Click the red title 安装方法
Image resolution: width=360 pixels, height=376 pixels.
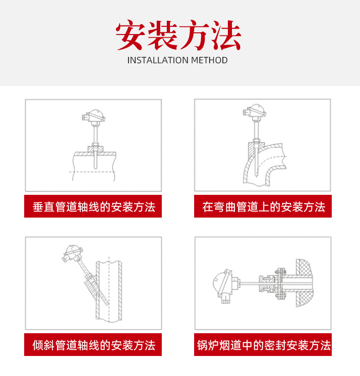click(x=178, y=35)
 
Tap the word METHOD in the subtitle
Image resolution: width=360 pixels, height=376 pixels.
click(x=209, y=60)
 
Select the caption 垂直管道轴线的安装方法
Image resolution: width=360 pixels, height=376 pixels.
click(x=94, y=207)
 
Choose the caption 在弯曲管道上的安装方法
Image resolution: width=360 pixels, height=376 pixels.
click(x=263, y=207)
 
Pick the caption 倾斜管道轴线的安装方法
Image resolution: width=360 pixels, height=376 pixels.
click(x=94, y=346)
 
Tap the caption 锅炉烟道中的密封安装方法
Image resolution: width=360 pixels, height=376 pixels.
click(x=264, y=346)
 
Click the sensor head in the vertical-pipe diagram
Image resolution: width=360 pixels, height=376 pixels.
click(x=93, y=116)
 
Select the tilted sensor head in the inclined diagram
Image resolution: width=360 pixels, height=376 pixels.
click(x=72, y=254)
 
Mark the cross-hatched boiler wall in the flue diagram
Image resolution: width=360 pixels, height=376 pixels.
click(x=304, y=283)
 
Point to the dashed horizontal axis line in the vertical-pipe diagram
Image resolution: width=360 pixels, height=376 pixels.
click(x=92, y=172)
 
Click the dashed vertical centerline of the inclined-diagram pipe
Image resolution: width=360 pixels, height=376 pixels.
click(x=109, y=289)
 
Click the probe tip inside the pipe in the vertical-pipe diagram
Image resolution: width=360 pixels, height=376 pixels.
click(x=96, y=168)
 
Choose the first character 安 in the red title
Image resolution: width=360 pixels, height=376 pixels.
click(x=130, y=35)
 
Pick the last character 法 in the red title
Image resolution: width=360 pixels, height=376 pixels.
click(x=226, y=35)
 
